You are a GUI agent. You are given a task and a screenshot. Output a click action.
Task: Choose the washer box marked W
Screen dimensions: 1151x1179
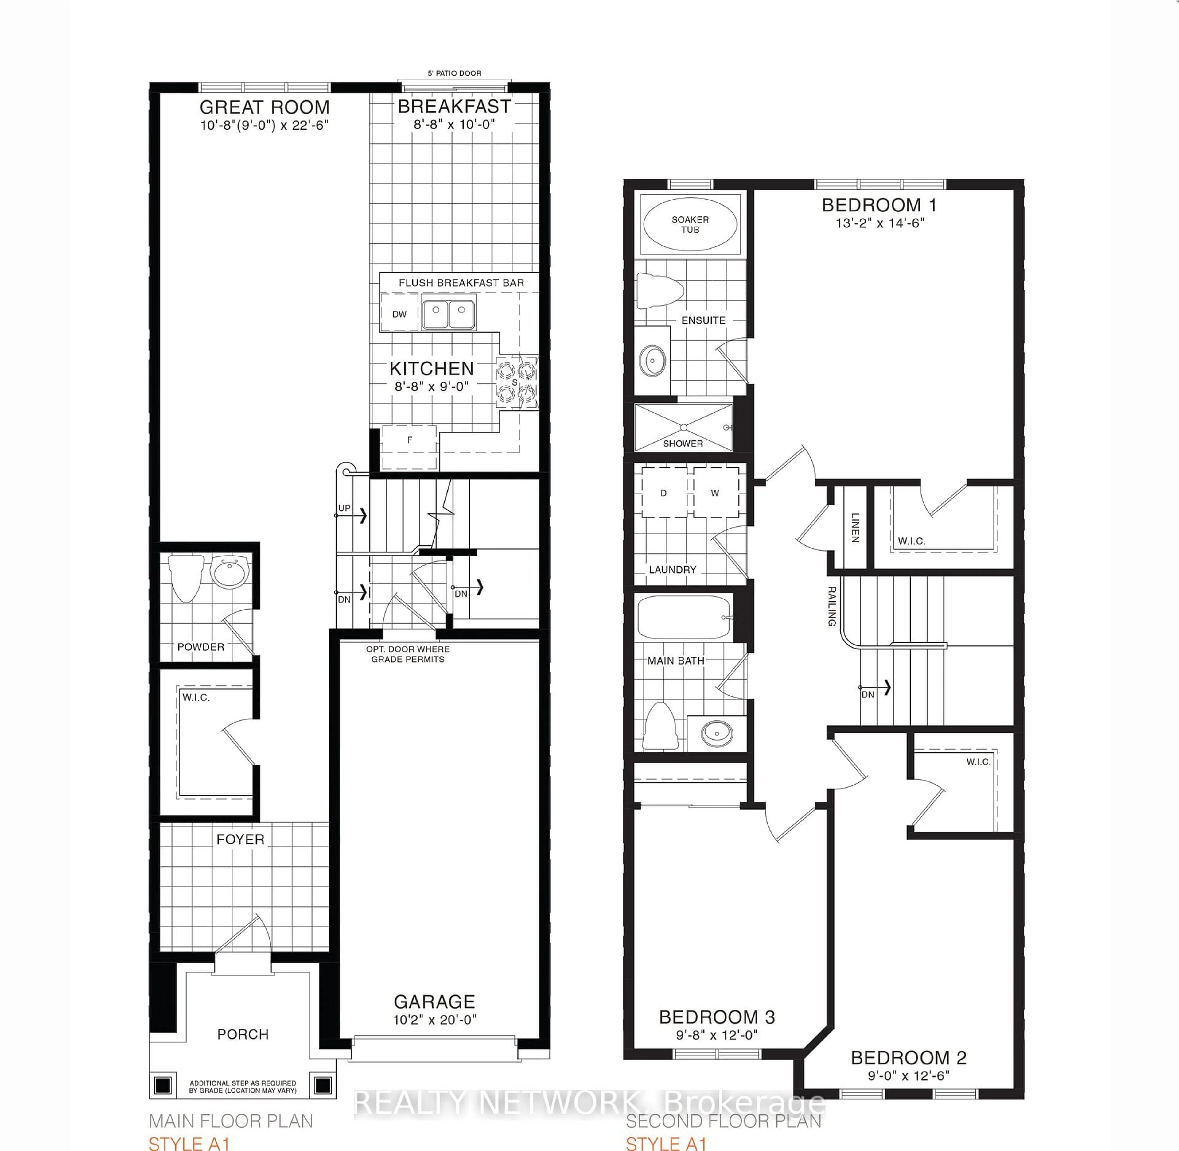(x=715, y=493)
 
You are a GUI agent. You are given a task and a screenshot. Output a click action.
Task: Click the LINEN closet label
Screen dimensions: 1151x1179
(x=855, y=527)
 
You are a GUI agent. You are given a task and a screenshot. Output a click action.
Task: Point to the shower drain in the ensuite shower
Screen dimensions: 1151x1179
(x=683, y=427)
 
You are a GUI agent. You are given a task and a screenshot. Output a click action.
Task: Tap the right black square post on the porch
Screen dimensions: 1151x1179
(x=323, y=1085)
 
